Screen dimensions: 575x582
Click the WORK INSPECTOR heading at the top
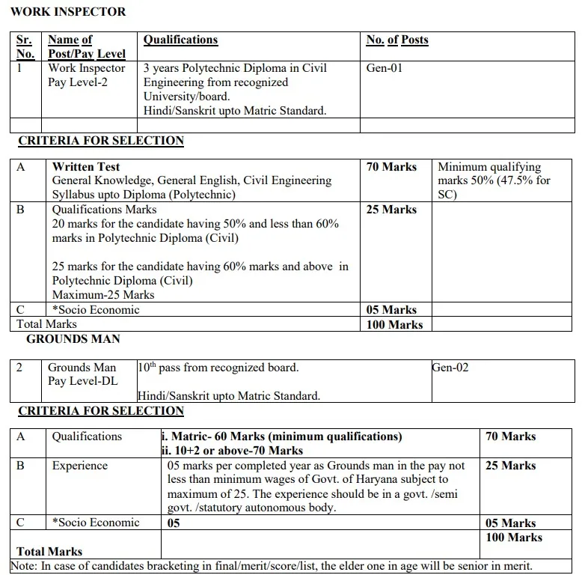[x=68, y=11]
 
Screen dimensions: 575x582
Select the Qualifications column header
[x=180, y=40]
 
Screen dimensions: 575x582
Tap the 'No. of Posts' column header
[x=397, y=40]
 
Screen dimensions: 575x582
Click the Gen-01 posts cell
[x=385, y=68]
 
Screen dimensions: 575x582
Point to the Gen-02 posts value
[x=450, y=368]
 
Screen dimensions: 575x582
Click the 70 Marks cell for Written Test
[x=391, y=167]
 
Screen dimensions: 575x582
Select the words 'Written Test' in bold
[x=86, y=167]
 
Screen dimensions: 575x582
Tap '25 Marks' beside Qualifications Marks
[x=391, y=210]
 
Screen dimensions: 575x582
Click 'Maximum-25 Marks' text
[x=103, y=294]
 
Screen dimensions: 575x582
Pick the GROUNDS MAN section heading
[x=73, y=339]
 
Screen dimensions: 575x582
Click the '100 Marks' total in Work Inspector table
[x=394, y=325]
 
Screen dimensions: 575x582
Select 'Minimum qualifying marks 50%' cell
[x=494, y=180]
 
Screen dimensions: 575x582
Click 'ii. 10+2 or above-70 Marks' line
[x=232, y=450]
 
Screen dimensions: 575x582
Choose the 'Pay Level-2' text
[x=78, y=82]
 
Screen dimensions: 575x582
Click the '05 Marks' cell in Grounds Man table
[x=510, y=523]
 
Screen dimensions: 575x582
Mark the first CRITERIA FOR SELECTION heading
[x=101, y=141]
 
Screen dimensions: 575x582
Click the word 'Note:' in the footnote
[x=25, y=567]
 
